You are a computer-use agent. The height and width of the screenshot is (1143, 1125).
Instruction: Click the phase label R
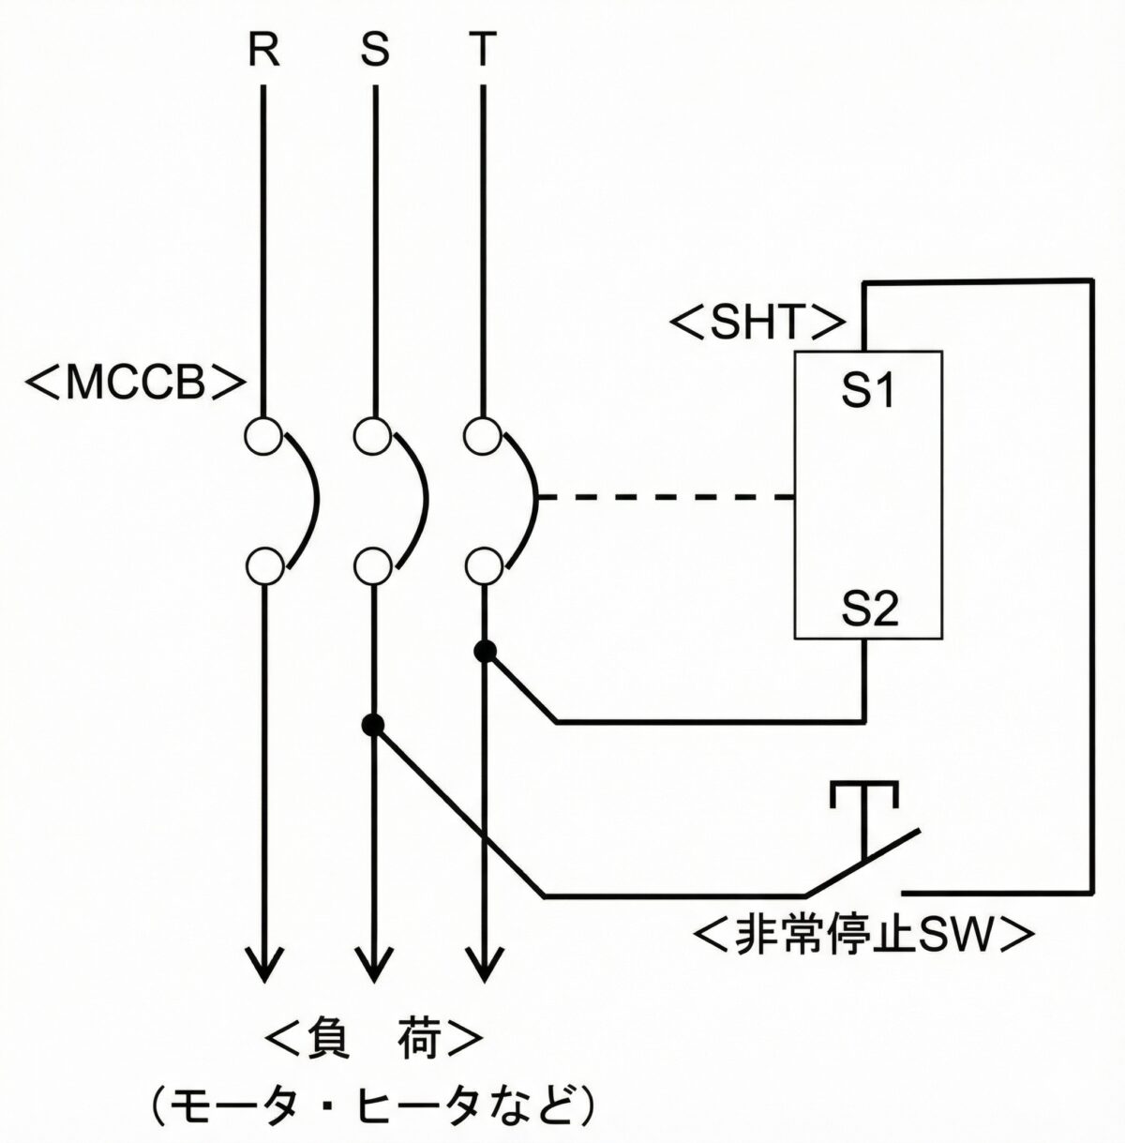263,52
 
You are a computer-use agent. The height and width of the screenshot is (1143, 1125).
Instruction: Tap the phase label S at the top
374,52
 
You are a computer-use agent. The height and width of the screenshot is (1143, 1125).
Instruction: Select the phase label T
483,52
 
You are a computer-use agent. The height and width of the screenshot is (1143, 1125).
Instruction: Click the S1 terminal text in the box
866,393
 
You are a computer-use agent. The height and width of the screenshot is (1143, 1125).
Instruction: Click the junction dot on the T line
485,651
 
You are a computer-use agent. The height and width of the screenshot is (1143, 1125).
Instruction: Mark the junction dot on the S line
374,724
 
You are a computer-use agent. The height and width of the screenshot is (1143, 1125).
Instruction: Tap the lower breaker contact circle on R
263,565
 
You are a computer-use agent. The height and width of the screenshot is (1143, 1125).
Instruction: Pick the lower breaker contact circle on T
483,565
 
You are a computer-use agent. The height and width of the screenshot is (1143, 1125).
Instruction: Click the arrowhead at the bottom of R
263,966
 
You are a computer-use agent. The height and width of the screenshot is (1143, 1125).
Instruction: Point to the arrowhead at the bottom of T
484,966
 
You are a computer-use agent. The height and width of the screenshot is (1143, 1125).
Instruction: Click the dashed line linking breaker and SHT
666,497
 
